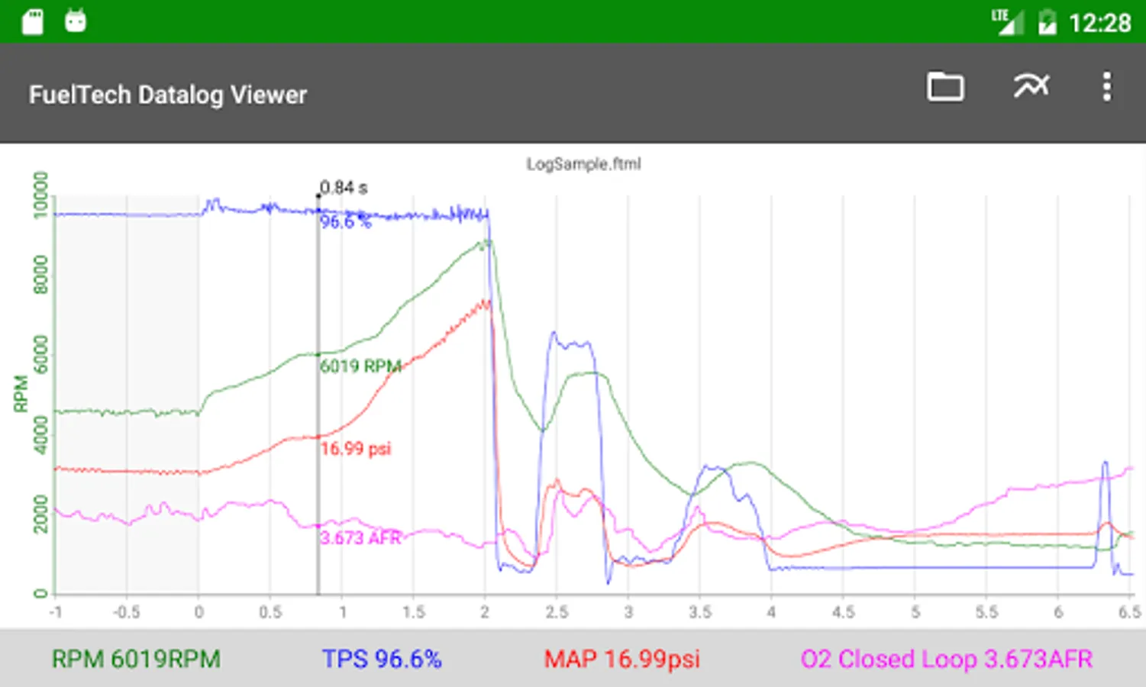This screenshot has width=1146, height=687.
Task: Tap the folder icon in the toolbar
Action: point(945,87)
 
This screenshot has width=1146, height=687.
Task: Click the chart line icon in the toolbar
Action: point(1031,86)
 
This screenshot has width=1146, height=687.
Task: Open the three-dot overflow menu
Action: point(1106,87)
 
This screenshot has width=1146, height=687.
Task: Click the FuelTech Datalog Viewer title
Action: point(168,95)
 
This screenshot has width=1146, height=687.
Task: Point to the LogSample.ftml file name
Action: point(583,164)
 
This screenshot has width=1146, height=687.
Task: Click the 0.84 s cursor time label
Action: point(344,188)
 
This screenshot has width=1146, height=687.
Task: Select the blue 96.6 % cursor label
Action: point(345,222)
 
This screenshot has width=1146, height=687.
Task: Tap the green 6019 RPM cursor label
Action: point(360,366)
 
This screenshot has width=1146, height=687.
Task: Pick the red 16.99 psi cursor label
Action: point(355,448)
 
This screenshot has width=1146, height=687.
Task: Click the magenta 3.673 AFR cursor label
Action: point(360,538)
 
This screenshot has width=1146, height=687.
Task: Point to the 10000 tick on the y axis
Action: point(41,195)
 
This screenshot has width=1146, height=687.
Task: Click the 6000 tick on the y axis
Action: point(41,354)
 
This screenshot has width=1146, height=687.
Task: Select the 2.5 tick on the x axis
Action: point(557,612)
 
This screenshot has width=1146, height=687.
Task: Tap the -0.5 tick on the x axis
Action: point(127,612)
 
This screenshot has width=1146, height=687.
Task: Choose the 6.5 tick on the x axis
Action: point(1129,612)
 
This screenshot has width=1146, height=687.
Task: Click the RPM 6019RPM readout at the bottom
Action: point(136,659)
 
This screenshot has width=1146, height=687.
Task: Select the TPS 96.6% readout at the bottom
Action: point(382,659)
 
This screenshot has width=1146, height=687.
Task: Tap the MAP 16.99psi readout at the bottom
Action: point(621,659)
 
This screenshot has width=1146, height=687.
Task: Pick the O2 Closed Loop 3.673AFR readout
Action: point(946,659)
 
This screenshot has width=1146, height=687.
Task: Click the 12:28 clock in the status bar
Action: point(1099,23)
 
